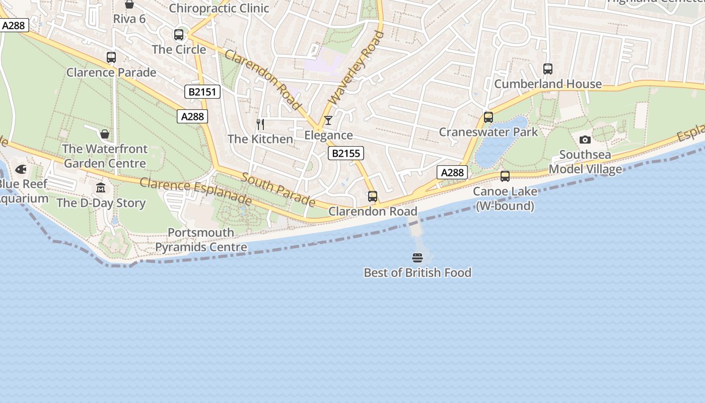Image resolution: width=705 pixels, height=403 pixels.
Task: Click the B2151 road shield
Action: click(202, 92)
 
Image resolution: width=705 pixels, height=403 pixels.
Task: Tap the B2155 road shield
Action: click(346, 153)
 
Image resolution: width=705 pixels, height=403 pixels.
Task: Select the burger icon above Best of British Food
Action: click(417, 258)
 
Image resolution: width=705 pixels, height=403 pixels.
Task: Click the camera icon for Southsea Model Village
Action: click(585, 140)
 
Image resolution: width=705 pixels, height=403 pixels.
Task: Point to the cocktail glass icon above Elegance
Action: click(328, 120)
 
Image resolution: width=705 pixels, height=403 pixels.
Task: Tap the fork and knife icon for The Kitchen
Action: click(260, 124)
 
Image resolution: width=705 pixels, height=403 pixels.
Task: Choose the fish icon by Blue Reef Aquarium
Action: click(21, 169)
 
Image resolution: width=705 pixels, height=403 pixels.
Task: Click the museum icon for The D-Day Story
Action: click(101, 188)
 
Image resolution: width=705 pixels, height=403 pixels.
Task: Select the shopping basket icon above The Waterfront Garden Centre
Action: click(105, 134)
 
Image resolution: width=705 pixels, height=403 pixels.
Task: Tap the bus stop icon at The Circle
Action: click(179, 35)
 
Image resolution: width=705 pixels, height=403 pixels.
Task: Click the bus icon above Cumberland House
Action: click(548, 69)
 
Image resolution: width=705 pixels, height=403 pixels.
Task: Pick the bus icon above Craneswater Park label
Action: click(488, 117)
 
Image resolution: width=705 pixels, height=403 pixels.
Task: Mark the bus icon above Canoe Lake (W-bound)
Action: click(505, 176)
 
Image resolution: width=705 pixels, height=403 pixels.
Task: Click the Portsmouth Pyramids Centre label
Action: click(201, 240)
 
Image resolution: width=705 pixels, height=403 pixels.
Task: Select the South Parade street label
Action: click(278, 189)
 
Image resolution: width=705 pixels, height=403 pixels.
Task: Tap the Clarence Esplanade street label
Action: click(195, 191)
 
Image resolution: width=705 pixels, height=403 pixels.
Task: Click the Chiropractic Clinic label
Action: click(219, 8)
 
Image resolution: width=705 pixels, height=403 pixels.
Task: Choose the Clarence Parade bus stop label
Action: click(111, 73)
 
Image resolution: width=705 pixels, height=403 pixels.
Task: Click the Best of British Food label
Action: click(417, 273)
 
